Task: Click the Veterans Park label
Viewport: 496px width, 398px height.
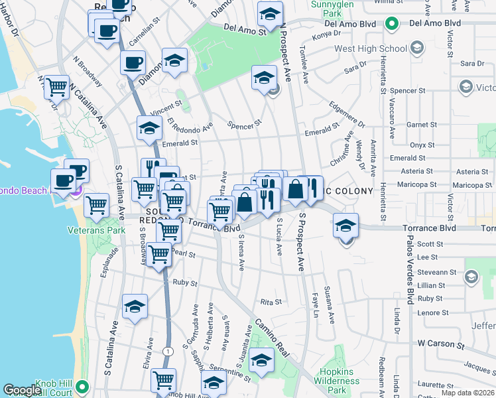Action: (96, 230)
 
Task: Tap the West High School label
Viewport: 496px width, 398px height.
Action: (370, 48)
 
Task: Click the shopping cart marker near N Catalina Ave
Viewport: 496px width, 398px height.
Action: (57, 86)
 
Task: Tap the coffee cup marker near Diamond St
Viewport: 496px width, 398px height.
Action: (132, 63)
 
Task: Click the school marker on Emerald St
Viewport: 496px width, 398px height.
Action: (149, 127)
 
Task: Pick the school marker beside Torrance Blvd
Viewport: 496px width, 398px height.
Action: (345, 226)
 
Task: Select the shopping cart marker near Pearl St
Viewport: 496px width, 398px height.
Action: (159, 254)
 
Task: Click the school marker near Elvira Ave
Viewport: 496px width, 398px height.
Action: (135, 306)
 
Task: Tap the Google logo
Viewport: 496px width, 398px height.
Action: (23, 391)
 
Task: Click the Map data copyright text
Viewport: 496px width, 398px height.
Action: (467, 393)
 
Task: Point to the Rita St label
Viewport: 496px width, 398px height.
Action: (271, 302)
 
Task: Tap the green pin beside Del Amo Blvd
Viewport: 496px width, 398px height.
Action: (392, 24)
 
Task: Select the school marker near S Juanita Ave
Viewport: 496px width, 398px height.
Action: (261, 360)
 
